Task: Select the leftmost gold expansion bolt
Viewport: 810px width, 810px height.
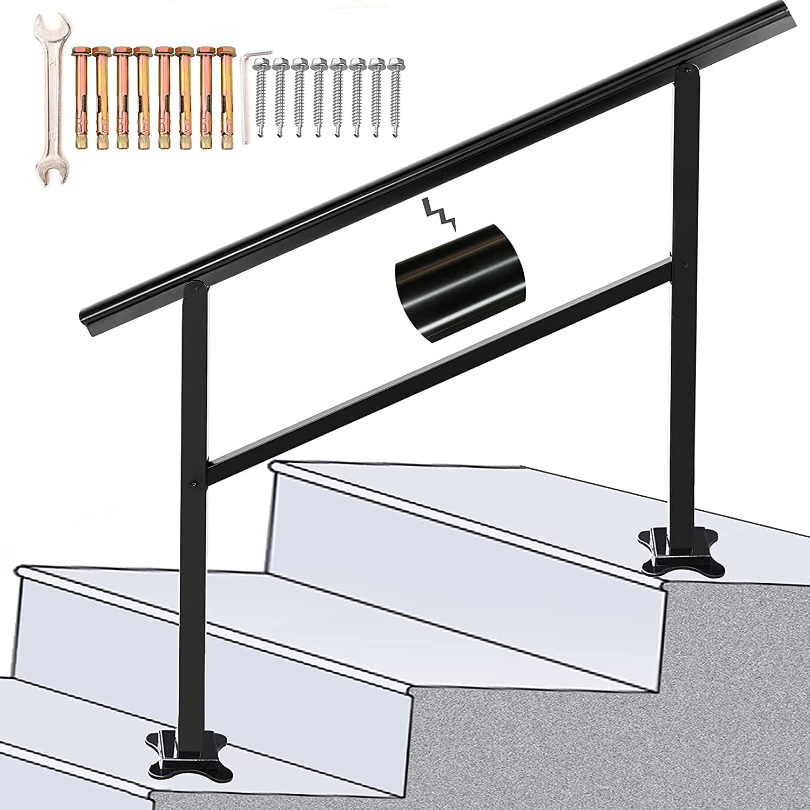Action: point(80,97)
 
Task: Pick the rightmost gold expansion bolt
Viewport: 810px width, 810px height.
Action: point(224,97)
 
